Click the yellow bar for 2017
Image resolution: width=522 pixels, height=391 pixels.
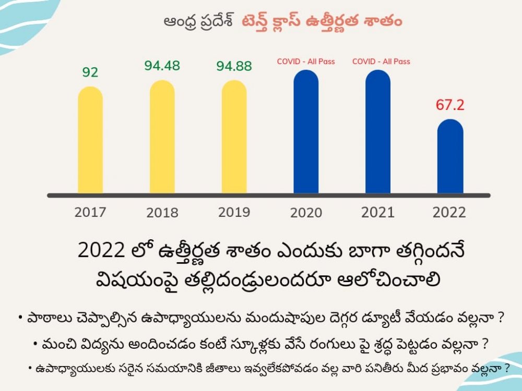tap(90, 141)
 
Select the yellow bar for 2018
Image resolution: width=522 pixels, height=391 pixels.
tap(162, 138)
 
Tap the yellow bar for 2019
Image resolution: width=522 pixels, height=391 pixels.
tap(234, 138)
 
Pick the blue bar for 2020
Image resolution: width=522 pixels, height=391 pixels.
tap(306, 132)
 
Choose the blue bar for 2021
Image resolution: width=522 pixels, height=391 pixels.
tap(378, 132)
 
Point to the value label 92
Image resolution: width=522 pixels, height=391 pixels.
tap(90, 72)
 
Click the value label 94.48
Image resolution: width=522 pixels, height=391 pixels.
tap(162, 66)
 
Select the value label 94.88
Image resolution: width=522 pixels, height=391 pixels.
tap(234, 66)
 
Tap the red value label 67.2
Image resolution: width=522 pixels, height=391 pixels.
tap(450, 105)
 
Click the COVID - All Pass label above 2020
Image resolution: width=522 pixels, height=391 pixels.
tap(306, 62)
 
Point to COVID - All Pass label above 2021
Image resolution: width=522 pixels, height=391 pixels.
tap(381, 62)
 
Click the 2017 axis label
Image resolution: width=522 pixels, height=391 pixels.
tap(90, 212)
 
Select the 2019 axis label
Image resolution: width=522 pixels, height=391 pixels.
tap(234, 212)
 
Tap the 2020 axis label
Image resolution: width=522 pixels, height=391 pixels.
tap(306, 213)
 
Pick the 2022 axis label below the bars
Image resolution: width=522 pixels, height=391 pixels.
tap(450, 213)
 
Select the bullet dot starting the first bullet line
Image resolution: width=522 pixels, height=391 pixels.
tap(19, 317)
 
